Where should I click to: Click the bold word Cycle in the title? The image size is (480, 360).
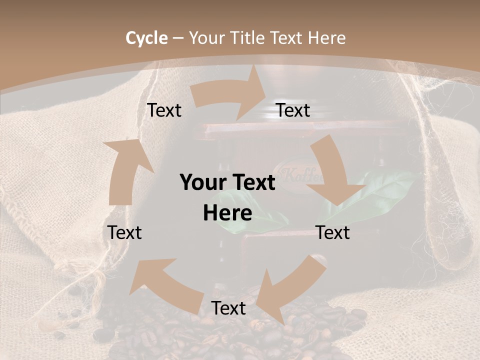pos(146,38)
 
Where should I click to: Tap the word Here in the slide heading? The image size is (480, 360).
pos(326,38)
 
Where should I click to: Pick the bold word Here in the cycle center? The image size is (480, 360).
pos(227,213)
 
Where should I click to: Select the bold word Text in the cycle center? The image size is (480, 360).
pos(252,182)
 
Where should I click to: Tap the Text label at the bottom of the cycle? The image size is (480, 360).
pos(228,308)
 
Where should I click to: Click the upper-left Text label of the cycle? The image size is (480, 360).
pos(164,110)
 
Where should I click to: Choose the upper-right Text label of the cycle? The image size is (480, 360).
pos(293,110)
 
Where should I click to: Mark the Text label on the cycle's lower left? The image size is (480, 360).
pos(124,232)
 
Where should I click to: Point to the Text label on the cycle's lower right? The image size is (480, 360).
pos(332,232)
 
